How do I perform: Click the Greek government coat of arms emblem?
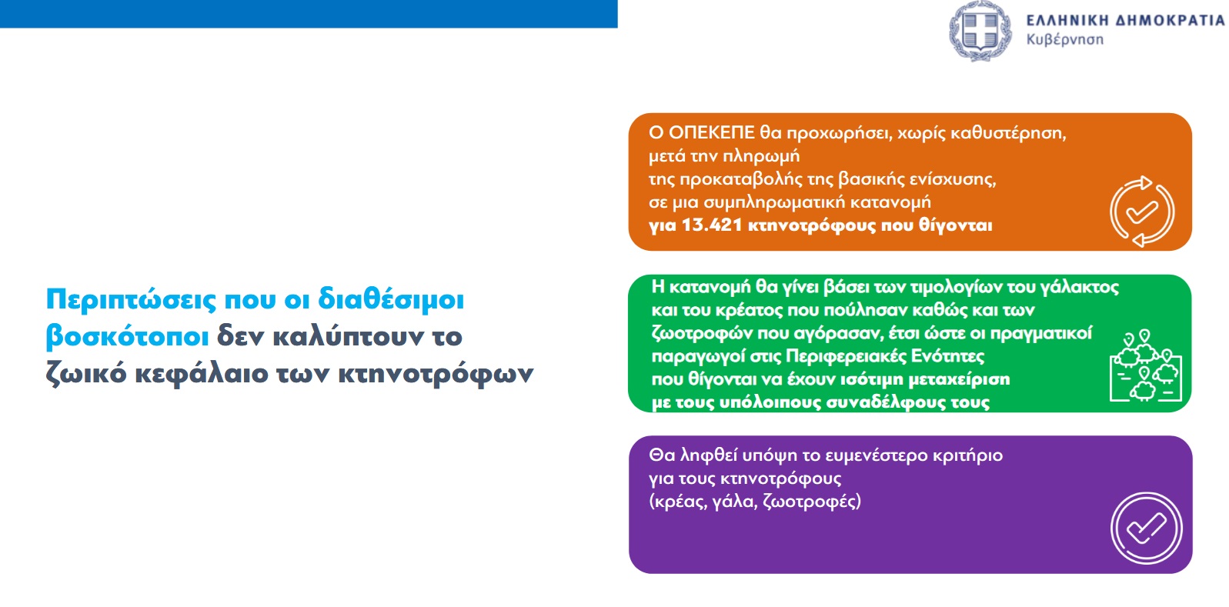click(x=980, y=31)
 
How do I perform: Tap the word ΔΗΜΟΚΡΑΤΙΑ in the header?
click(x=1171, y=20)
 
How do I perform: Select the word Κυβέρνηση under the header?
click(x=1064, y=40)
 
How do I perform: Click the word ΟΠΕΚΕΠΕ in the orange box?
click(x=712, y=132)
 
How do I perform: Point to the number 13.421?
click(x=712, y=225)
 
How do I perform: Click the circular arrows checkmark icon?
click(x=1142, y=212)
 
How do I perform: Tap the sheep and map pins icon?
click(x=1146, y=365)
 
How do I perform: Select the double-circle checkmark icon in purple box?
click(x=1146, y=528)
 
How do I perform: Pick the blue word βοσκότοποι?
click(x=127, y=337)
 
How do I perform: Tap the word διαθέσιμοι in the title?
click(x=391, y=299)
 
